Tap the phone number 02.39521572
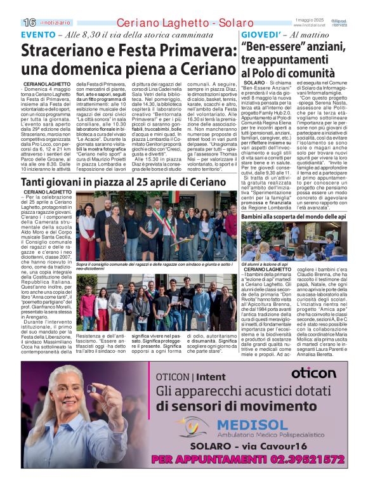291,458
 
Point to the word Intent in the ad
216,377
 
